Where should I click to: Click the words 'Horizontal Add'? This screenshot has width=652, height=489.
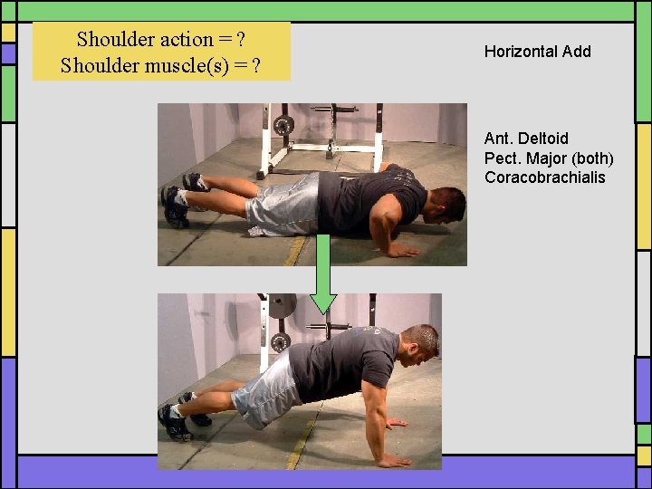tap(537, 52)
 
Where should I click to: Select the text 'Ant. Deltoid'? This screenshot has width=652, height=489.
tap(526, 139)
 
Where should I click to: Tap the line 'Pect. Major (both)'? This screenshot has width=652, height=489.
tap(549, 158)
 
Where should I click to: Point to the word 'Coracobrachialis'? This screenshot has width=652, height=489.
tap(544, 177)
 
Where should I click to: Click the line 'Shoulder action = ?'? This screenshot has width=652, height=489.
tap(162, 39)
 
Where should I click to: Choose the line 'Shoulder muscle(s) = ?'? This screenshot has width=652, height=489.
tap(162, 65)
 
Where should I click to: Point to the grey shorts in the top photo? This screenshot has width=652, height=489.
tap(283, 205)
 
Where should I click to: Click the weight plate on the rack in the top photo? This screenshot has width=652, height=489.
tap(283, 125)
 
